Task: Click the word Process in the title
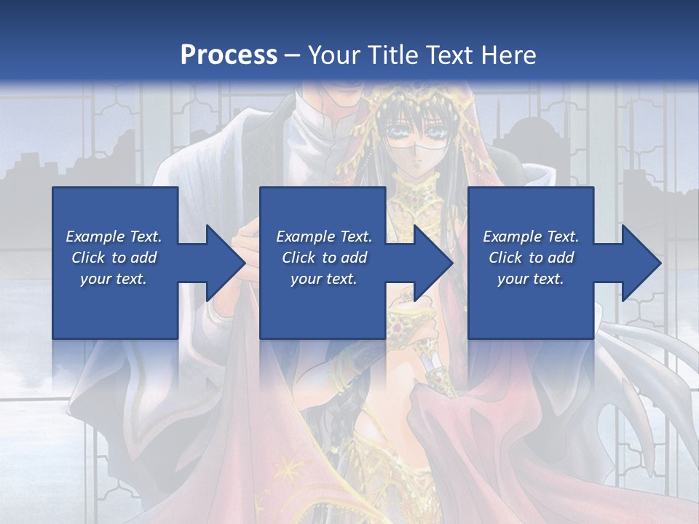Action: point(229,55)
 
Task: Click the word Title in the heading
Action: point(390,55)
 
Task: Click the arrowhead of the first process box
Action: point(226,263)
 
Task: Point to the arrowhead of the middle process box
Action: point(433,263)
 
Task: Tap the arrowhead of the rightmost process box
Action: point(641,263)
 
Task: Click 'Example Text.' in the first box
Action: point(114,237)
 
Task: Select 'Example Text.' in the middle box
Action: point(323,237)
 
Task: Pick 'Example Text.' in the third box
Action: point(531,237)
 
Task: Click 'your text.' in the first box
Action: point(114,279)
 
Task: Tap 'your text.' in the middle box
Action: point(323,279)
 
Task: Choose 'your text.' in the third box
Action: point(531,279)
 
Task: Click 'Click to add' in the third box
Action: point(531,258)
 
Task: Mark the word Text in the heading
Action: point(446,55)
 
